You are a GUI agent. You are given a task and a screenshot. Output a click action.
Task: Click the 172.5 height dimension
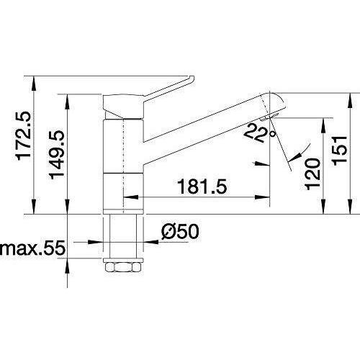(23, 135)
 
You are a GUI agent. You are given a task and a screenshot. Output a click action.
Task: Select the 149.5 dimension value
(57, 153)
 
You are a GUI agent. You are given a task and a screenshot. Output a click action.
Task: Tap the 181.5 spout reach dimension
(202, 186)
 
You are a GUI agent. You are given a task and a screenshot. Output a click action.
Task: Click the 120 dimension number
(312, 174)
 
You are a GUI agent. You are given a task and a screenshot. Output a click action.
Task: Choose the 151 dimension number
(340, 150)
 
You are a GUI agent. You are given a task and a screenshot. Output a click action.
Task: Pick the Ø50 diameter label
(180, 232)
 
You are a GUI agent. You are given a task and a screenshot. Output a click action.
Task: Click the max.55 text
(32, 247)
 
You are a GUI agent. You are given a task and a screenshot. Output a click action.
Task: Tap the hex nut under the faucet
(123, 267)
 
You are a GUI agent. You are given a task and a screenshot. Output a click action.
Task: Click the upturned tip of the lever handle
(192, 79)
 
